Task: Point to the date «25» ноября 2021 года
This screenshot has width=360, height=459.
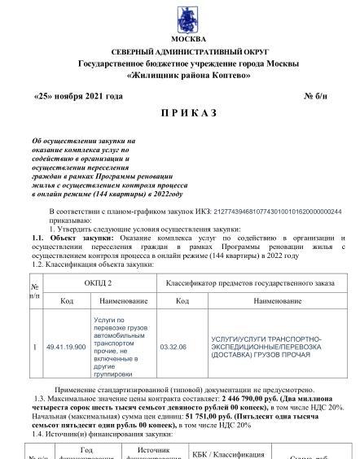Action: pos(78,96)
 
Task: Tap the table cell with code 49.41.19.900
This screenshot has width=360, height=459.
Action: pos(67,346)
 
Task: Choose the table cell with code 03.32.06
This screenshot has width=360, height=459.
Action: pos(173,346)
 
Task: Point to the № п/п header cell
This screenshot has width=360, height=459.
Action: pos(34,291)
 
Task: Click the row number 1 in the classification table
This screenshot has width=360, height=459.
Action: pos(34,346)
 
